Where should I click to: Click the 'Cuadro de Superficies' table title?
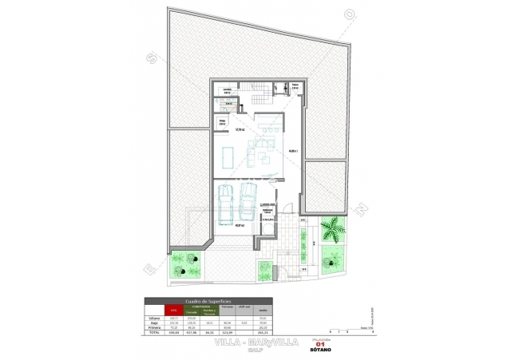[209, 301]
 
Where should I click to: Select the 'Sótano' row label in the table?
[154, 318]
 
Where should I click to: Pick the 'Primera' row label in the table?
[154, 327]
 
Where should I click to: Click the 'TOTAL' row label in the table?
[154, 332]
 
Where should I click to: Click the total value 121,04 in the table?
[226, 332]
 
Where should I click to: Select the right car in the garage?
[248, 200]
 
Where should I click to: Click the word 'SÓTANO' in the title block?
[322, 350]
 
